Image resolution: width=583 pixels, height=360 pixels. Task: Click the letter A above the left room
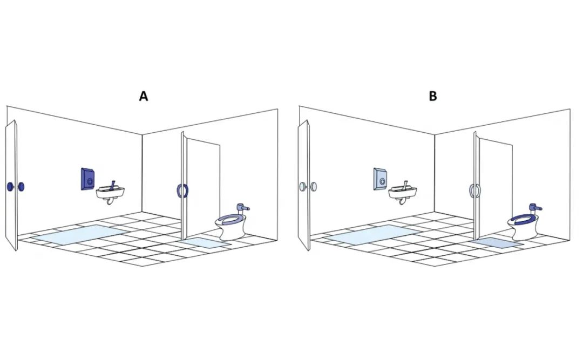tap(144, 96)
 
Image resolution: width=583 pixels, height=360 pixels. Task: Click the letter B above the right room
tap(433, 96)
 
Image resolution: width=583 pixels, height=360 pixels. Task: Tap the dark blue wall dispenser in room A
tap(87, 179)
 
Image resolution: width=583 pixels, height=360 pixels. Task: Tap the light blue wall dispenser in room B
tap(379, 179)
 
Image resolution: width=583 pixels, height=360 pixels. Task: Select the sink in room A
tap(111, 193)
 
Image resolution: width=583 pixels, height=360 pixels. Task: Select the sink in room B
tap(403, 193)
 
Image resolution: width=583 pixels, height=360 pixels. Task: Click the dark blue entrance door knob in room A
tap(15, 187)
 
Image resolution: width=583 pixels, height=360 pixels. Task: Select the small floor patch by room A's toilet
tap(205, 242)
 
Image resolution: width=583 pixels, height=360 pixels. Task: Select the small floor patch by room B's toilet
tap(497, 242)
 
